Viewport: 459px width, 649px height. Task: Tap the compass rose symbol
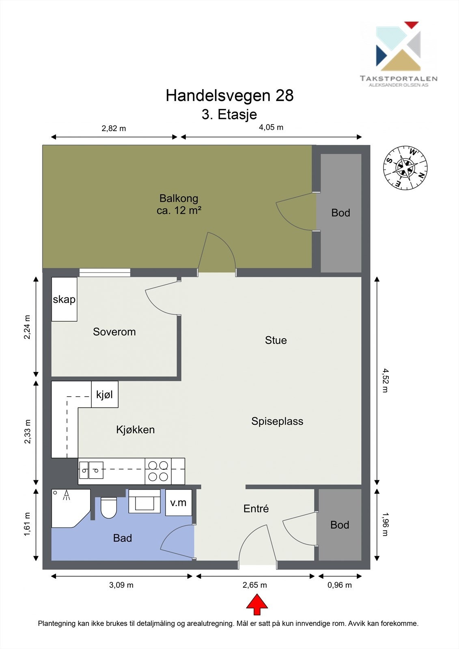tap(405, 168)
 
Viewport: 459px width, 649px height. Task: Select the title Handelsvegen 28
tap(230, 95)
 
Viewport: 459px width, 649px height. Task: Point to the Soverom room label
tap(114, 332)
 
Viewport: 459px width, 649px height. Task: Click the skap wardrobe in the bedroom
tap(64, 299)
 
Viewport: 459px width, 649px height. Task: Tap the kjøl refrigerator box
tap(105, 394)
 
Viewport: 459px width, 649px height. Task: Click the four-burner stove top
tap(158, 471)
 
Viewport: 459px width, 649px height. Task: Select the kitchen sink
tap(91, 470)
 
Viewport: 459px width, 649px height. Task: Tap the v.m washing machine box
tap(178, 503)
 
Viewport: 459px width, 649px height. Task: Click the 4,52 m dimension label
tap(385, 380)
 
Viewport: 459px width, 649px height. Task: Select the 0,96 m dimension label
tap(340, 585)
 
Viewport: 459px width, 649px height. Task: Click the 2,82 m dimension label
tap(114, 128)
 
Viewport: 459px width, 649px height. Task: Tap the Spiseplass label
tap(277, 421)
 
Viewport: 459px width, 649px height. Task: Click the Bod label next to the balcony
tap(340, 213)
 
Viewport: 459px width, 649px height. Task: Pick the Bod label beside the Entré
tap(340, 525)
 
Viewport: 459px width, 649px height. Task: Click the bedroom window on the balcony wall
tap(105, 272)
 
